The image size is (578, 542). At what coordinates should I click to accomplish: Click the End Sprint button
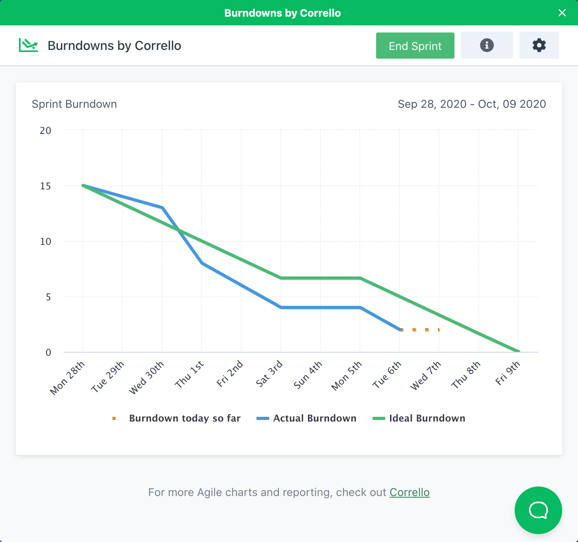(x=415, y=46)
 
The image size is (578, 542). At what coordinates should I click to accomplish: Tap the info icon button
(x=487, y=45)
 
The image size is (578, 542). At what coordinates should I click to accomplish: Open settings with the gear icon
(x=539, y=45)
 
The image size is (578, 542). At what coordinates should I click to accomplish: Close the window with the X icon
(x=562, y=13)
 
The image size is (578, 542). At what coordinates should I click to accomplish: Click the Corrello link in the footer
(x=409, y=492)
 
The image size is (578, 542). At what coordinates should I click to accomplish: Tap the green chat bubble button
(x=538, y=510)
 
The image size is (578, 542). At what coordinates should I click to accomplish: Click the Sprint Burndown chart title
(x=74, y=104)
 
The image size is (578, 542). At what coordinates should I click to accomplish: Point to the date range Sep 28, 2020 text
(x=432, y=104)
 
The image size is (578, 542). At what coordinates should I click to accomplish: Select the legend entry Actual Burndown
(x=314, y=418)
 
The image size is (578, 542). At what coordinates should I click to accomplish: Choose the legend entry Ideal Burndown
(x=427, y=418)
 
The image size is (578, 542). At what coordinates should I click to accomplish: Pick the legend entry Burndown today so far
(x=184, y=418)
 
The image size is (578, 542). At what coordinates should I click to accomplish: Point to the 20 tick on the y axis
(x=46, y=131)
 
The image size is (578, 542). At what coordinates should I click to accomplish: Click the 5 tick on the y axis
(x=48, y=297)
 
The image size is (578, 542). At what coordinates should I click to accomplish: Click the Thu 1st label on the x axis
(x=190, y=374)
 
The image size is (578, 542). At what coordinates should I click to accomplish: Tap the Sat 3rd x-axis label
(x=270, y=373)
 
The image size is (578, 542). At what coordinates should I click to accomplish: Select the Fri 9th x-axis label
(x=508, y=373)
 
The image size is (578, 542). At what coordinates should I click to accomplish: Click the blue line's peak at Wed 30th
(x=162, y=207)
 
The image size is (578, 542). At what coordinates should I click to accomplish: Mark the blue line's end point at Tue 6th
(x=400, y=330)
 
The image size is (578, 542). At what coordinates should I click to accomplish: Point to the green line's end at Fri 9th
(x=518, y=351)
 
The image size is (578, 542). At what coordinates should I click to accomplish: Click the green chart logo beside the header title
(x=29, y=46)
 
